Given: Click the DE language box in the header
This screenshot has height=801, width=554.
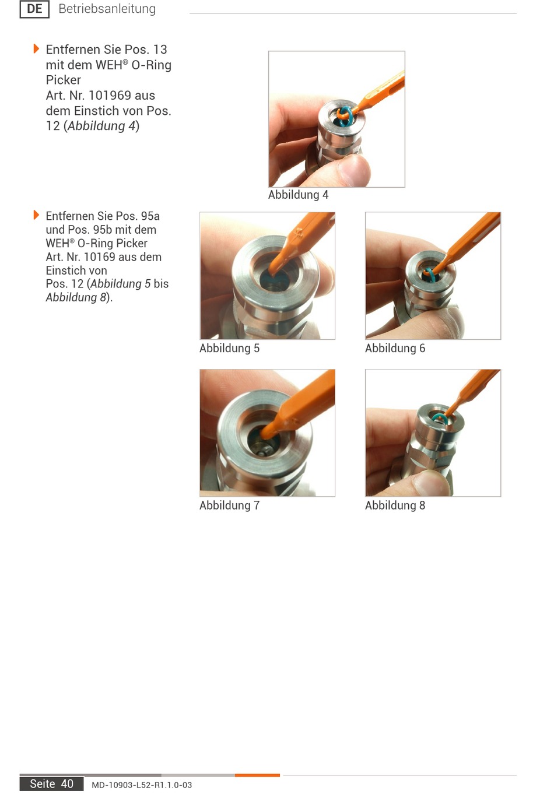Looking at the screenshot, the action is tap(34, 9).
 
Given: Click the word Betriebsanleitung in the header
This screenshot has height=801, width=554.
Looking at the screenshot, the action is tap(107, 9).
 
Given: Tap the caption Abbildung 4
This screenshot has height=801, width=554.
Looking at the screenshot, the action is tap(298, 195).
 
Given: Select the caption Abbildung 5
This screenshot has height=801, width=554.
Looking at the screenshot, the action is tap(229, 348).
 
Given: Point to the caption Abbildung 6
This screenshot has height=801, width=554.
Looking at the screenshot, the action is tap(395, 348).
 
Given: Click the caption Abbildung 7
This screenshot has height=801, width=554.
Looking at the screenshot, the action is tap(229, 505).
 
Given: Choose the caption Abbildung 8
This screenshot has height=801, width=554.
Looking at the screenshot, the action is tap(395, 505).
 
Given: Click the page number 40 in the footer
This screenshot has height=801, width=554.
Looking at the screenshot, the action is tap(67, 784).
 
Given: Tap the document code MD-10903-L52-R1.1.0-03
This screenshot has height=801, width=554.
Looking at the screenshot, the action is tap(142, 785).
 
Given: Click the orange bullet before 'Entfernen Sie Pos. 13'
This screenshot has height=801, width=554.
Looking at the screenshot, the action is tap(36, 48).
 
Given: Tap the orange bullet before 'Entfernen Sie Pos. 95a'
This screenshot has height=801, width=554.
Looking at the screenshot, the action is tap(36, 215).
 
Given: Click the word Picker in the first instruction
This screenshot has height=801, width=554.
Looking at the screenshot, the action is tap(64, 80).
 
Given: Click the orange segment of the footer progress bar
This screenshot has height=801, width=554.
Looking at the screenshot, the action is tap(257, 775).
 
